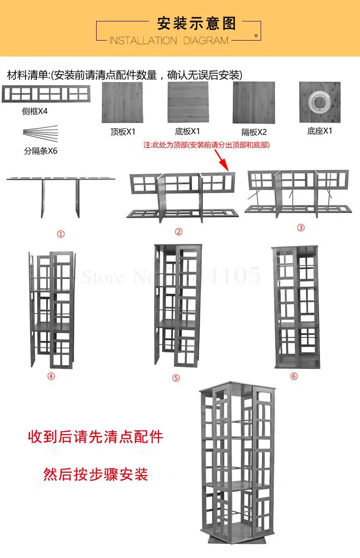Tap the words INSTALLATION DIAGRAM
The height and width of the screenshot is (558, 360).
coord(169,41)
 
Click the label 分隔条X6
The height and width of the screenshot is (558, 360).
coord(41,151)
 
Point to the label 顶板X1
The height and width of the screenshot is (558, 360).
coord(123,132)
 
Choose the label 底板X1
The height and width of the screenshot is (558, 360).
coord(188,132)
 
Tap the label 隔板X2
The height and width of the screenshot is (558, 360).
coord(254,132)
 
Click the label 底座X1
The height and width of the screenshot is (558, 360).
coord(320,131)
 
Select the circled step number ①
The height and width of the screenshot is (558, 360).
coord(61,234)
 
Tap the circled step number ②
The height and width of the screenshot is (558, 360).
coord(179,232)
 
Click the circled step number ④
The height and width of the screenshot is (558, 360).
coord(51,376)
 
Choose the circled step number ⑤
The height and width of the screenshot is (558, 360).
coord(176,378)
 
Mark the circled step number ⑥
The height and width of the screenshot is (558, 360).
coord(294,376)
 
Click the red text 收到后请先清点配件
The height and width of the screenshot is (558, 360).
coord(96,437)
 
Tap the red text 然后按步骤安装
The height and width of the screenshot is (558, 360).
coord(96,474)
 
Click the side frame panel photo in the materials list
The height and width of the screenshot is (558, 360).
coord(46,94)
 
